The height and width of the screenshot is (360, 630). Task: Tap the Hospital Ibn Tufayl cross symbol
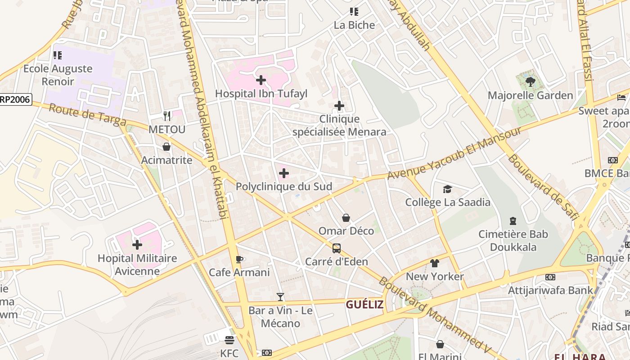pos(261,81)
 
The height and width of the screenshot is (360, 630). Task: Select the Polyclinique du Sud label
pos(284,186)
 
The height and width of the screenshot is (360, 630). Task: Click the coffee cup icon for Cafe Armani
pos(239,259)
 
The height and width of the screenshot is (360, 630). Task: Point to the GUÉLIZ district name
pos(364,305)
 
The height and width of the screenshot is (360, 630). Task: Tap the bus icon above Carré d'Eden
pos(337,248)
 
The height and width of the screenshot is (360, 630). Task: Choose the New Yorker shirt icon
pos(435,263)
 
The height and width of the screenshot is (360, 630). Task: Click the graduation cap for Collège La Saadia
pos(447,189)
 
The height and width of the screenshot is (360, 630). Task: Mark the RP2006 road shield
pos(16,99)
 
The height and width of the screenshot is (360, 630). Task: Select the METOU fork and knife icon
pos(167,116)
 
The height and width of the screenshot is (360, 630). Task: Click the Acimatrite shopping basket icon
pos(166,147)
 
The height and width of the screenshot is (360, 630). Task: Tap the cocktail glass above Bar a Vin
pos(280,297)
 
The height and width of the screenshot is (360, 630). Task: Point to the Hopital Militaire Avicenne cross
pos(137,245)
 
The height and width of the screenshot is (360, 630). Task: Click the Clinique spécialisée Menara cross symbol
pos(339,106)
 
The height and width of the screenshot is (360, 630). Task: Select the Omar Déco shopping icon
pos(346,218)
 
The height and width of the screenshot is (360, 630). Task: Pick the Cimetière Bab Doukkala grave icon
pos(513,221)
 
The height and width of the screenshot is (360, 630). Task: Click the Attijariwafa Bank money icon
pos(550,277)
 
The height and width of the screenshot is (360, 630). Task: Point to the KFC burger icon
pos(229,340)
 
